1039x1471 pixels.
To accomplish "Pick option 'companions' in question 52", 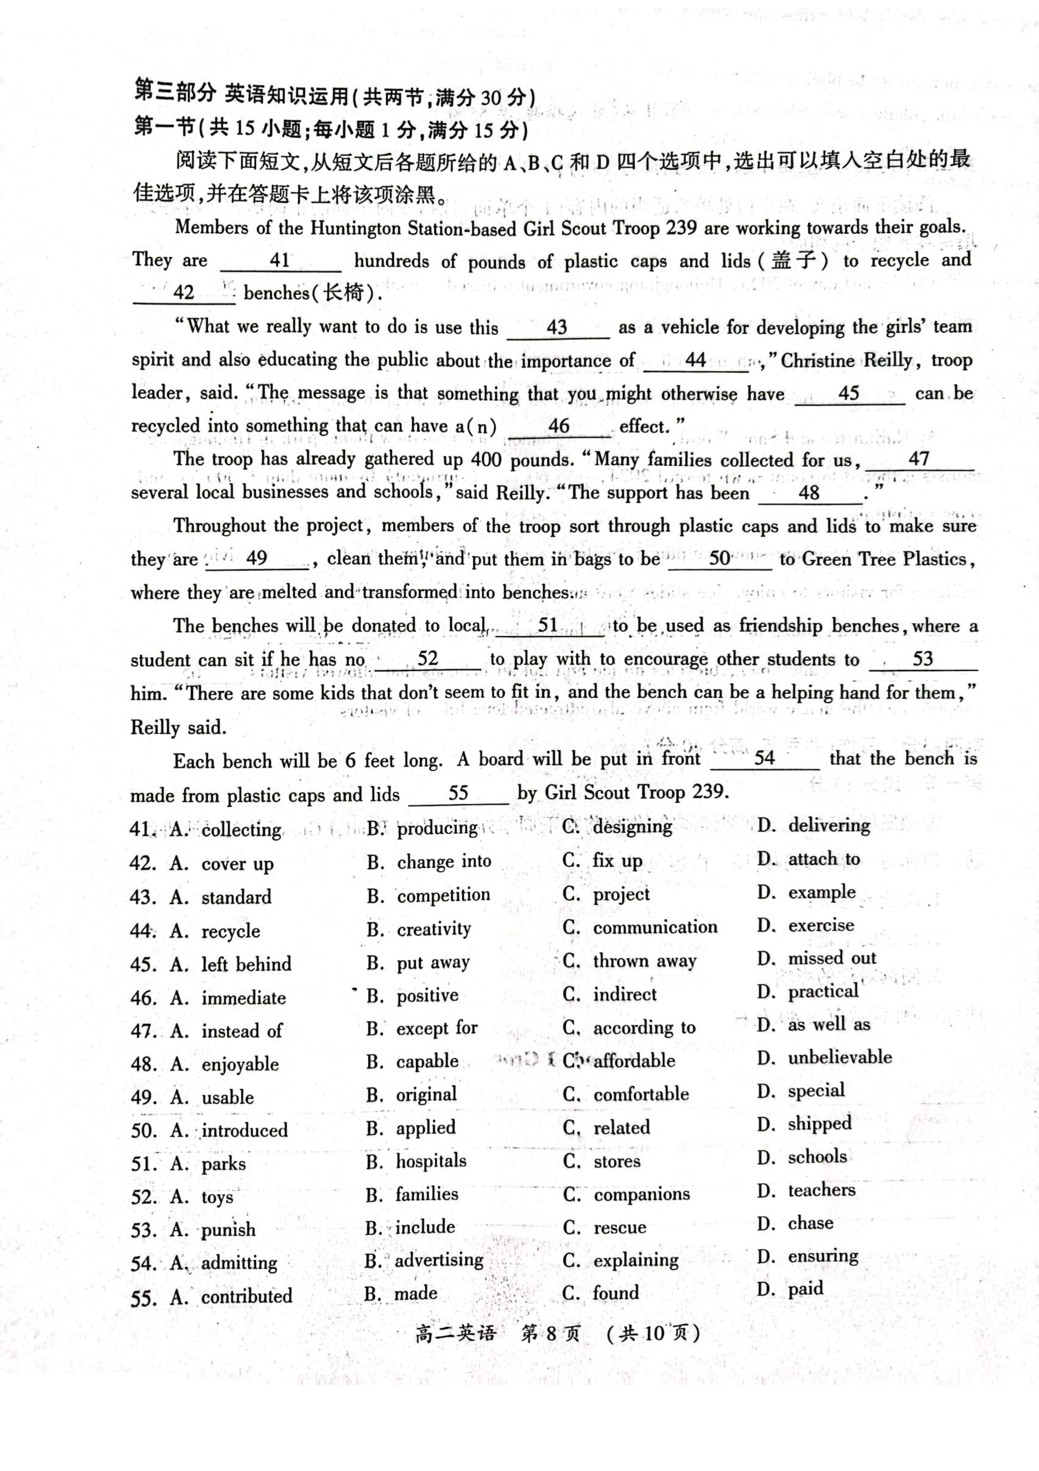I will point(641,1194).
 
